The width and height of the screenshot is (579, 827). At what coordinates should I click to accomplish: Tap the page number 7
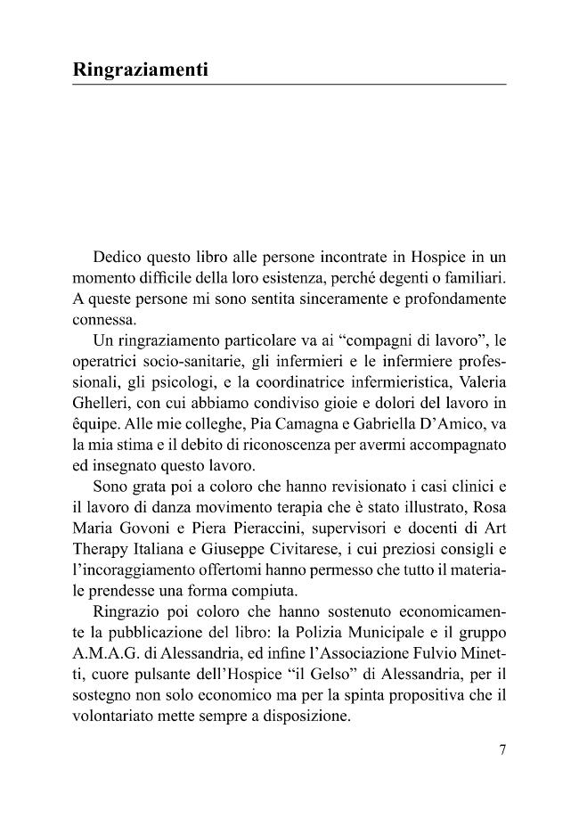pyautogui.click(x=502, y=749)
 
